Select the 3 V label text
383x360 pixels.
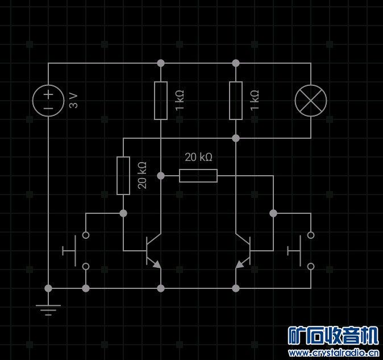tap(73, 101)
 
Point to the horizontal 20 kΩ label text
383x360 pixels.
tap(198, 157)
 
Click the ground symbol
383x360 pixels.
tap(48, 310)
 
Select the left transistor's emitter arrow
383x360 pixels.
tap(157, 264)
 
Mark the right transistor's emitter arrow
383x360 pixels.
tap(240, 264)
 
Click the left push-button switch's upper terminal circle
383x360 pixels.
tap(86, 235)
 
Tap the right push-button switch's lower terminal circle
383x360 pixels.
tap(311, 266)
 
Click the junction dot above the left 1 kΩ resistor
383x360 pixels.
tap(161, 63)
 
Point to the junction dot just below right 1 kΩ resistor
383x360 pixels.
tap(236, 138)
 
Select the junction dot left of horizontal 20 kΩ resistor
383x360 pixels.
tap(161, 176)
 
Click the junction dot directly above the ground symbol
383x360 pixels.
tap(48, 288)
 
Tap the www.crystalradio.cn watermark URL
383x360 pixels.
tap(334, 353)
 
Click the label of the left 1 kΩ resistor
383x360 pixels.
tap(180, 100)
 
